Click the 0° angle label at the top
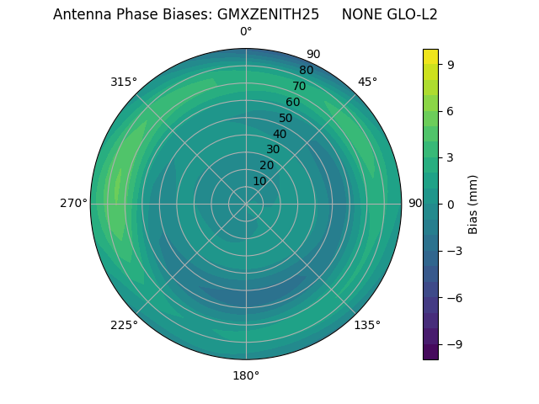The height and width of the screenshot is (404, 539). [x=246, y=32]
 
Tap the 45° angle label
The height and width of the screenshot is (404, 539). [x=367, y=82]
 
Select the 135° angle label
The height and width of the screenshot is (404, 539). [x=367, y=325]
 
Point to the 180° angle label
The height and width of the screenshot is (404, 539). [x=246, y=375]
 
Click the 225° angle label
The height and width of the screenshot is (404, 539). [x=124, y=325]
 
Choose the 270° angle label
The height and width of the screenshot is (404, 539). [x=73, y=204]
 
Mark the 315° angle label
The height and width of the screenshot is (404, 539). [x=124, y=82]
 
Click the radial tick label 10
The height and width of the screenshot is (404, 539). [x=259, y=181]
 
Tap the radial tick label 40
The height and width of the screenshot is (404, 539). [x=280, y=134]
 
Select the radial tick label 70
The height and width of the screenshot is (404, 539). [x=299, y=86]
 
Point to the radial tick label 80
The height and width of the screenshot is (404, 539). [x=306, y=71]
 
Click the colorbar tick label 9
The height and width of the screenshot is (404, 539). [x=450, y=64]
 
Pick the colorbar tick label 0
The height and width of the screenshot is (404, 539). [x=450, y=204]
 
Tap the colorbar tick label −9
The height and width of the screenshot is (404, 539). [x=453, y=344]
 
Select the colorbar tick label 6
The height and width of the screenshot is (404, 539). [x=450, y=110]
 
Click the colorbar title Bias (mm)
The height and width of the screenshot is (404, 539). [x=473, y=204]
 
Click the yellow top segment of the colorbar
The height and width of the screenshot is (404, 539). [x=430, y=56]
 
